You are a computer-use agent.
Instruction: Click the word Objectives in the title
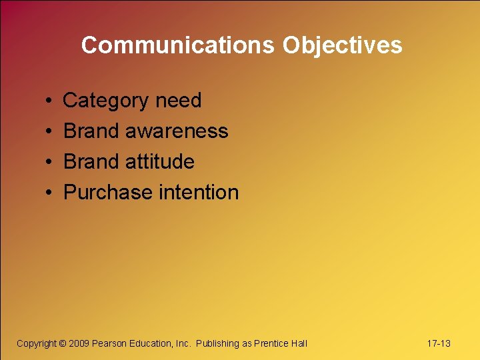(342, 45)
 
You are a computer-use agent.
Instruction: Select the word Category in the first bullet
(105, 101)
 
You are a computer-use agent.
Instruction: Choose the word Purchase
(108, 193)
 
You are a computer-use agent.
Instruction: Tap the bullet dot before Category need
(50, 101)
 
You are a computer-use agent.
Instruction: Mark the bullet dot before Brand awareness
(50, 132)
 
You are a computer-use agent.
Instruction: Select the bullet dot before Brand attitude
(50, 163)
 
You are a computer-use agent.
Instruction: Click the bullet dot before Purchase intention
(50, 193)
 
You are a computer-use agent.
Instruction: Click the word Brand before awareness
(91, 131)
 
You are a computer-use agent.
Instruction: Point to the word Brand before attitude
(91, 162)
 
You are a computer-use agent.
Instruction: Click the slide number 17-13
(438, 343)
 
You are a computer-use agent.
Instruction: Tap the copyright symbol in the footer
(63, 343)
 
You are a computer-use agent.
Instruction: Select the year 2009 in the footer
(79, 343)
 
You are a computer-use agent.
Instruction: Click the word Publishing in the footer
(217, 343)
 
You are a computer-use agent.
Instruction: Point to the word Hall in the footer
(299, 343)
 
